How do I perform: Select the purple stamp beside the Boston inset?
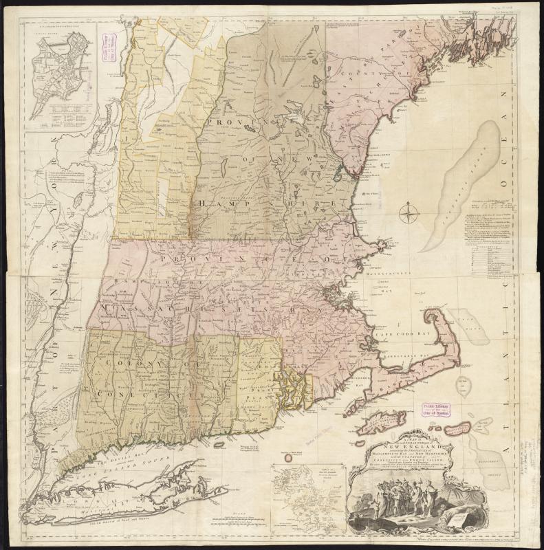[109, 53]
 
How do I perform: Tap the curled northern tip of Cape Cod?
[435, 317]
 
